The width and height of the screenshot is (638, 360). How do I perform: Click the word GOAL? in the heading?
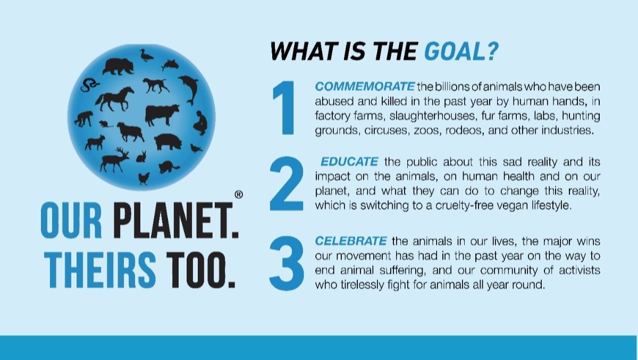point(461,51)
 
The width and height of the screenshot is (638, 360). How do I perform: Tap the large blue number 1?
point(285,107)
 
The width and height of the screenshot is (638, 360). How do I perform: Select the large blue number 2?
point(287,183)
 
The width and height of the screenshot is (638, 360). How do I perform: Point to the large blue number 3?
point(287,263)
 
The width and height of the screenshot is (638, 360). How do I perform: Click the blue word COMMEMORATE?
point(365,86)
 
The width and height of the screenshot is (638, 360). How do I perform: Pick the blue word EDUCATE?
point(349,162)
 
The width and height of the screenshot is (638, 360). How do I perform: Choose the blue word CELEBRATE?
point(351,241)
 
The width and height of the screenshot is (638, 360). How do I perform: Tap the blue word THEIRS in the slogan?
point(100,270)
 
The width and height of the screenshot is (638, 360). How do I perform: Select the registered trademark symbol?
point(239,195)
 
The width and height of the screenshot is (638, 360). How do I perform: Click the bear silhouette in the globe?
point(118,66)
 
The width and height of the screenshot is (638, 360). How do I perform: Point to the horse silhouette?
point(114,99)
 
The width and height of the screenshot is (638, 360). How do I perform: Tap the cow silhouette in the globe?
point(162,114)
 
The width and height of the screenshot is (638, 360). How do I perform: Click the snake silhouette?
point(89,85)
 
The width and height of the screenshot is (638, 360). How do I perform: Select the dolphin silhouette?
point(190,89)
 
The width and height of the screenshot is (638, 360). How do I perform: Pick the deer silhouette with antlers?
point(114,160)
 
